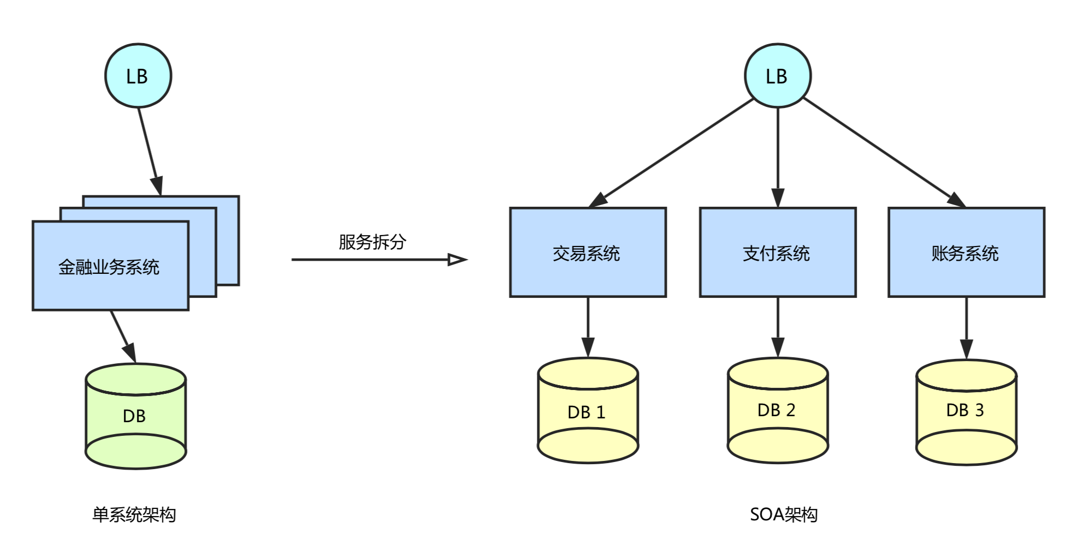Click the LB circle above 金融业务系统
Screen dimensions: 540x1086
click(138, 76)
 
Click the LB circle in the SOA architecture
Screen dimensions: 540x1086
click(777, 76)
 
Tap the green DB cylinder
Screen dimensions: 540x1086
click(135, 416)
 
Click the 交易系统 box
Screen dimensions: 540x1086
click(587, 253)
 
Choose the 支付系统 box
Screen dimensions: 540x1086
click(777, 253)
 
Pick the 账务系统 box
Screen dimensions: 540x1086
click(965, 253)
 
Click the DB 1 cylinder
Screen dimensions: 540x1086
click(587, 411)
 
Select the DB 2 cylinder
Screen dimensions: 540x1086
click(777, 410)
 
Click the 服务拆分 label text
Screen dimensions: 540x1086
click(372, 242)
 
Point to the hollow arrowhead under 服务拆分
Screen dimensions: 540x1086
click(457, 260)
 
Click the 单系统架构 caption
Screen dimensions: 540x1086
click(134, 514)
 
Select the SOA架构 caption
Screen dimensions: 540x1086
click(784, 514)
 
